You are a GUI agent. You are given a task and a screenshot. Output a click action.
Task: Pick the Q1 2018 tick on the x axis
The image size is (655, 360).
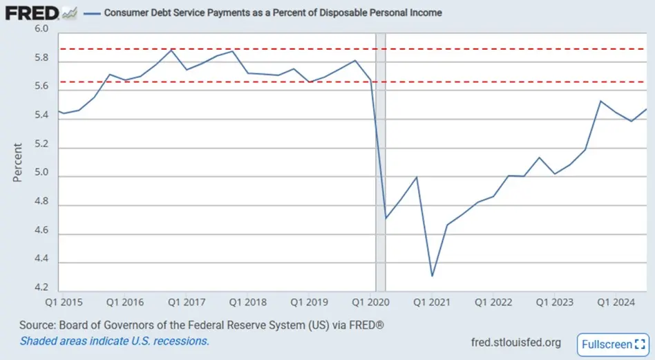pos(247,302)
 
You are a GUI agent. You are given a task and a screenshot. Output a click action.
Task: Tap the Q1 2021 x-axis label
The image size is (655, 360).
pos(430,302)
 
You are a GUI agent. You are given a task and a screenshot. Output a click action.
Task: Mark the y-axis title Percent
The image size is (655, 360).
pos(17,162)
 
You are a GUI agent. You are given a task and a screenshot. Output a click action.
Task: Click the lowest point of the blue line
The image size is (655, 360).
pos(433,276)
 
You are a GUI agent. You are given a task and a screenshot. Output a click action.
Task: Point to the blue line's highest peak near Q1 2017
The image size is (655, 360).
pos(172,50)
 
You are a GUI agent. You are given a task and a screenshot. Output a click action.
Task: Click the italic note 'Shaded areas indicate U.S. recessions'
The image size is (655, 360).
pos(114,341)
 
